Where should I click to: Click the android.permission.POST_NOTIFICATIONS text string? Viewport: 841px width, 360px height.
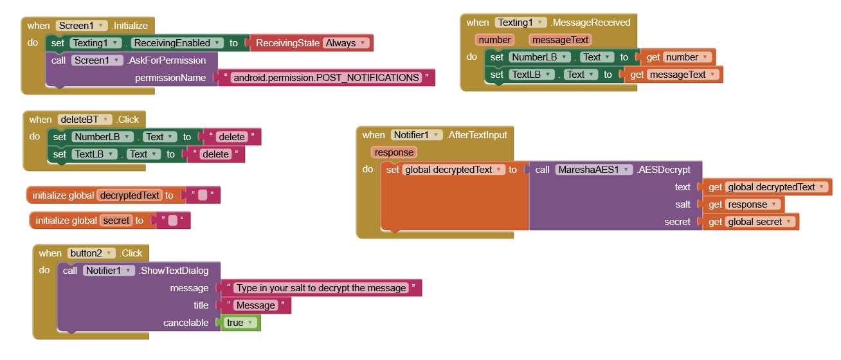click(x=327, y=78)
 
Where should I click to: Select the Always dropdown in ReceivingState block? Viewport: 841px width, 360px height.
click(x=346, y=43)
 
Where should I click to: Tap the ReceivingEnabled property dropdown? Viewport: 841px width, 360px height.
click(x=177, y=43)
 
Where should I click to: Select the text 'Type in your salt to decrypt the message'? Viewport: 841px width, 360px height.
click(x=321, y=288)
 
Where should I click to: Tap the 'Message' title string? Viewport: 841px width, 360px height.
click(x=255, y=305)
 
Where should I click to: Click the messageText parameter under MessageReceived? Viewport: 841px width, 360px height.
click(x=561, y=40)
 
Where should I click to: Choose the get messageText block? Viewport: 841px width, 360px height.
click(x=673, y=75)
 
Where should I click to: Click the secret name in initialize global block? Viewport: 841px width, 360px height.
click(x=117, y=221)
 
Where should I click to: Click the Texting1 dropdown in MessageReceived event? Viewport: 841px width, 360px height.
click(x=521, y=22)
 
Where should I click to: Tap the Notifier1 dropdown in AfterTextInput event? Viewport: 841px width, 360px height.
click(x=417, y=135)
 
